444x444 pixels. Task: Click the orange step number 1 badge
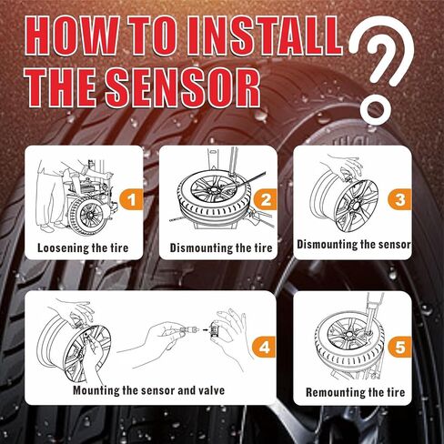[133, 197]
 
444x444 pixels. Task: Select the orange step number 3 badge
[398, 196]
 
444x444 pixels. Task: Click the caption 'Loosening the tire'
[84, 247]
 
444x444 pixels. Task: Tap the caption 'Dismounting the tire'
[220, 247]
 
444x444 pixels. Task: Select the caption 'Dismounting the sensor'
[356, 244]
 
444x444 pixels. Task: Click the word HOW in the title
[76, 42]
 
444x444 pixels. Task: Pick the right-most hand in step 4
[233, 332]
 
